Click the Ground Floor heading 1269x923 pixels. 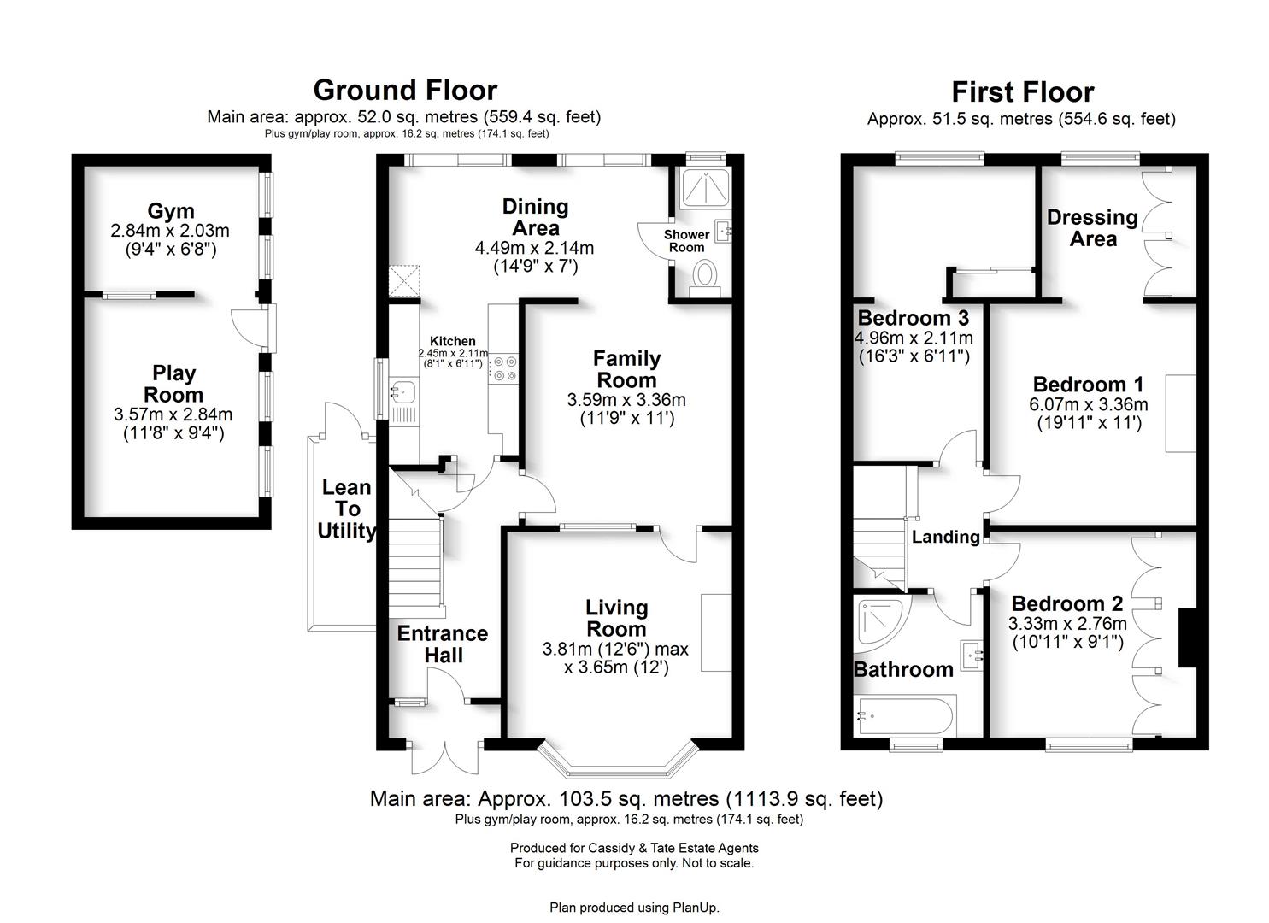coord(404,90)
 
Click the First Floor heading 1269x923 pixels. coord(1022,91)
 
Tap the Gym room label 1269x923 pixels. coord(170,211)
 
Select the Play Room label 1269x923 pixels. coord(173,384)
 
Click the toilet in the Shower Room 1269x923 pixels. coord(705,275)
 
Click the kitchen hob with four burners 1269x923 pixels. coord(503,367)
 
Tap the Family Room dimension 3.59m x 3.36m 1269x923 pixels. coord(626,400)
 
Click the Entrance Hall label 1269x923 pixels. coord(442,644)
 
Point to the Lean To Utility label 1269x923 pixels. coord(346,509)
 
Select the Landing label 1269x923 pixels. coord(945,537)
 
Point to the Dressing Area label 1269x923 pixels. coord(1092,228)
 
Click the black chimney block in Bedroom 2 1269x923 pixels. coord(1187,637)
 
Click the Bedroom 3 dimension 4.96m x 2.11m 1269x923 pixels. coord(914,338)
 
